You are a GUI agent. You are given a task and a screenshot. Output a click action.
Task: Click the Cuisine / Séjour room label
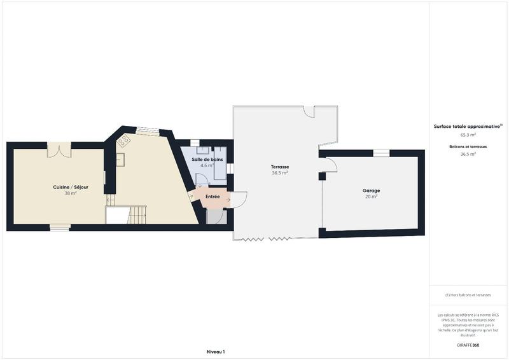(x=70, y=187)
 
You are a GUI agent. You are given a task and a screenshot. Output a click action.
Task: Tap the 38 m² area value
(x=70, y=193)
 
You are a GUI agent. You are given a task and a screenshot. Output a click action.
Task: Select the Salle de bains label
(x=207, y=159)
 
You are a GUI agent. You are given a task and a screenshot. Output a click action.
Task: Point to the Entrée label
(x=213, y=197)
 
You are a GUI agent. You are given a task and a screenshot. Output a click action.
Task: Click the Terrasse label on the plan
(x=280, y=167)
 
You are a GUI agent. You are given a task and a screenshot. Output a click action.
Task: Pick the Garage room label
(x=371, y=190)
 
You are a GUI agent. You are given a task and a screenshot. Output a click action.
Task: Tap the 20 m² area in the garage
(x=371, y=197)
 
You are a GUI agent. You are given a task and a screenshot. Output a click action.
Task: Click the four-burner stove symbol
(x=123, y=140)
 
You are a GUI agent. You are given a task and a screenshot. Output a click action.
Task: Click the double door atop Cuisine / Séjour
(x=59, y=151)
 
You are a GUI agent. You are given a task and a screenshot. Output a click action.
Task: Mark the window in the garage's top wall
(x=381, y=153)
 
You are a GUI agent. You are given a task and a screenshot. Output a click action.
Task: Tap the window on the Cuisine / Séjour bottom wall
(x=60, y=226)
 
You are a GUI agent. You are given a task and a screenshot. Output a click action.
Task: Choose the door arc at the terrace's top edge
(x=309, y=112)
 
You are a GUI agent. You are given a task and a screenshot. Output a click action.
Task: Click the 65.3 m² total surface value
(x=468, y=135)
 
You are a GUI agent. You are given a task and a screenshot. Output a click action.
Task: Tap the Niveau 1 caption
(x=216, y=352)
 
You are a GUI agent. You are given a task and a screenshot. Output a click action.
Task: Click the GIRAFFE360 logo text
(x=468, y=345)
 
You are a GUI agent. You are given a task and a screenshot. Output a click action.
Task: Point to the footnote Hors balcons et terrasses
(x=468, y=294)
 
